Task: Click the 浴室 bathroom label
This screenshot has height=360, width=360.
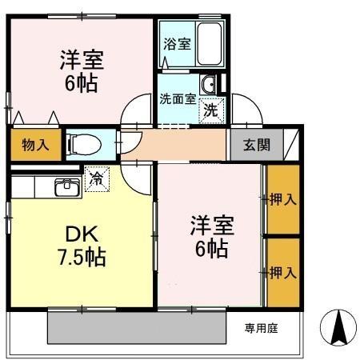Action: [x=177, y=44]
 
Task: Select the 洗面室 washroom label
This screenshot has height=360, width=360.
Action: [x=177, y=99]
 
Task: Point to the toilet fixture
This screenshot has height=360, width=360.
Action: [x=83, y=144]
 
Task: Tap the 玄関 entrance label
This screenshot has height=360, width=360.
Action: [x=257, y=145]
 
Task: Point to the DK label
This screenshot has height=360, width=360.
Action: [x=82, y=234]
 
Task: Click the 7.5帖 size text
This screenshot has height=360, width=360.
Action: [x=82, y=258]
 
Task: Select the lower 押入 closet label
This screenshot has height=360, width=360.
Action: [x=283, y=273]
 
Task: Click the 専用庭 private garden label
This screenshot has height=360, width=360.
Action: [x=259, y=327]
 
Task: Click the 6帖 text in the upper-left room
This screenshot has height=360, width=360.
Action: [x=82, y=83]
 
